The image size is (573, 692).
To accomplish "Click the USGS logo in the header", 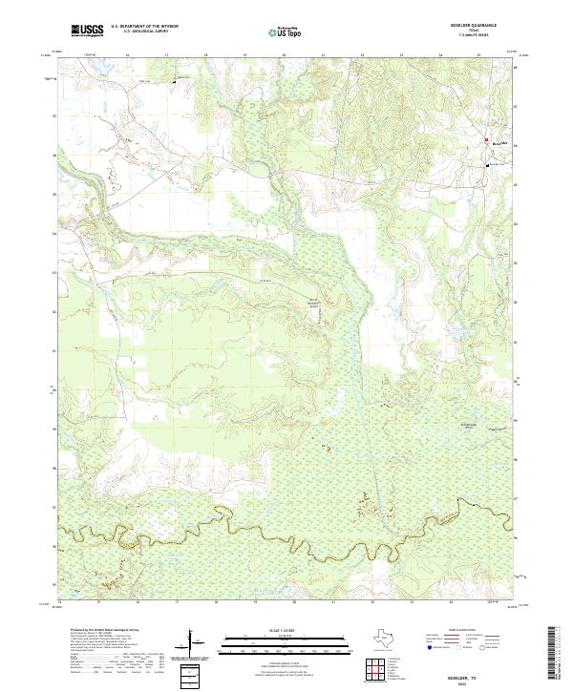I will click(87, 31).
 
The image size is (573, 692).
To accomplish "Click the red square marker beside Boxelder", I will click(487, 140).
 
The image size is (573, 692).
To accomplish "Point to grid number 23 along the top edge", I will click(401, 56).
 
